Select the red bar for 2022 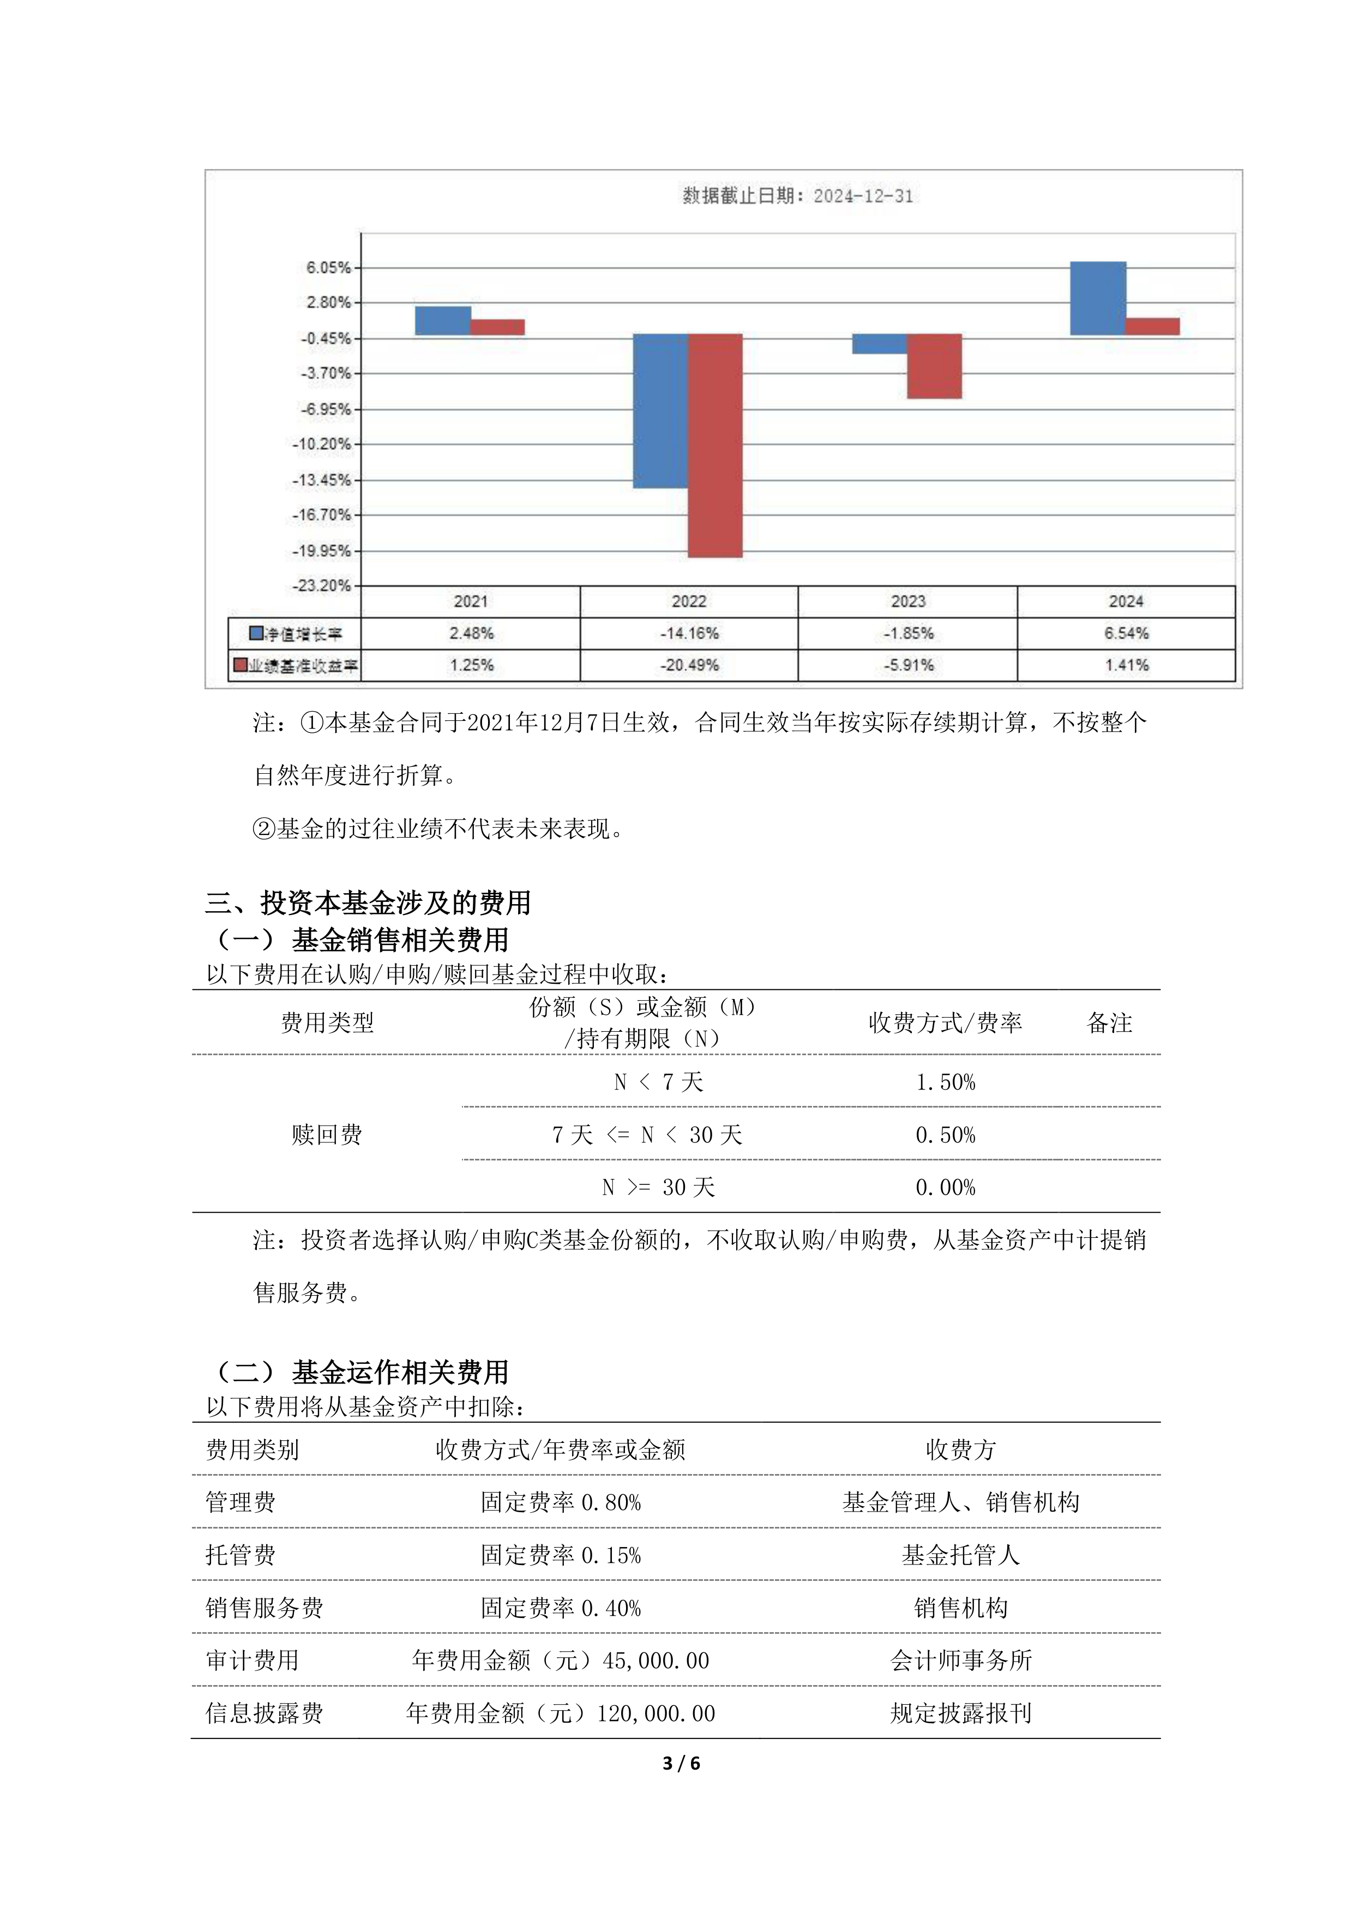click(715, 445)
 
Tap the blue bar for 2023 click(879, 343)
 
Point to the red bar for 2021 click(497, 327)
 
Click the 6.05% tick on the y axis click(328, 267)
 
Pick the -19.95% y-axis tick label click(322, 551)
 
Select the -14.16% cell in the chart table click(689, 633)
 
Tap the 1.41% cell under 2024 click(1126, 665)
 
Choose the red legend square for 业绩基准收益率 click(241, 665)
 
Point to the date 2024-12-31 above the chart click(863, 196)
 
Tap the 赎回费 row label click(327, 1135)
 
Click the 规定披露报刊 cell click(960, 1713)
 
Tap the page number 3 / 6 click(681, 1763)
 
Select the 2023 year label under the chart click(907, 601)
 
